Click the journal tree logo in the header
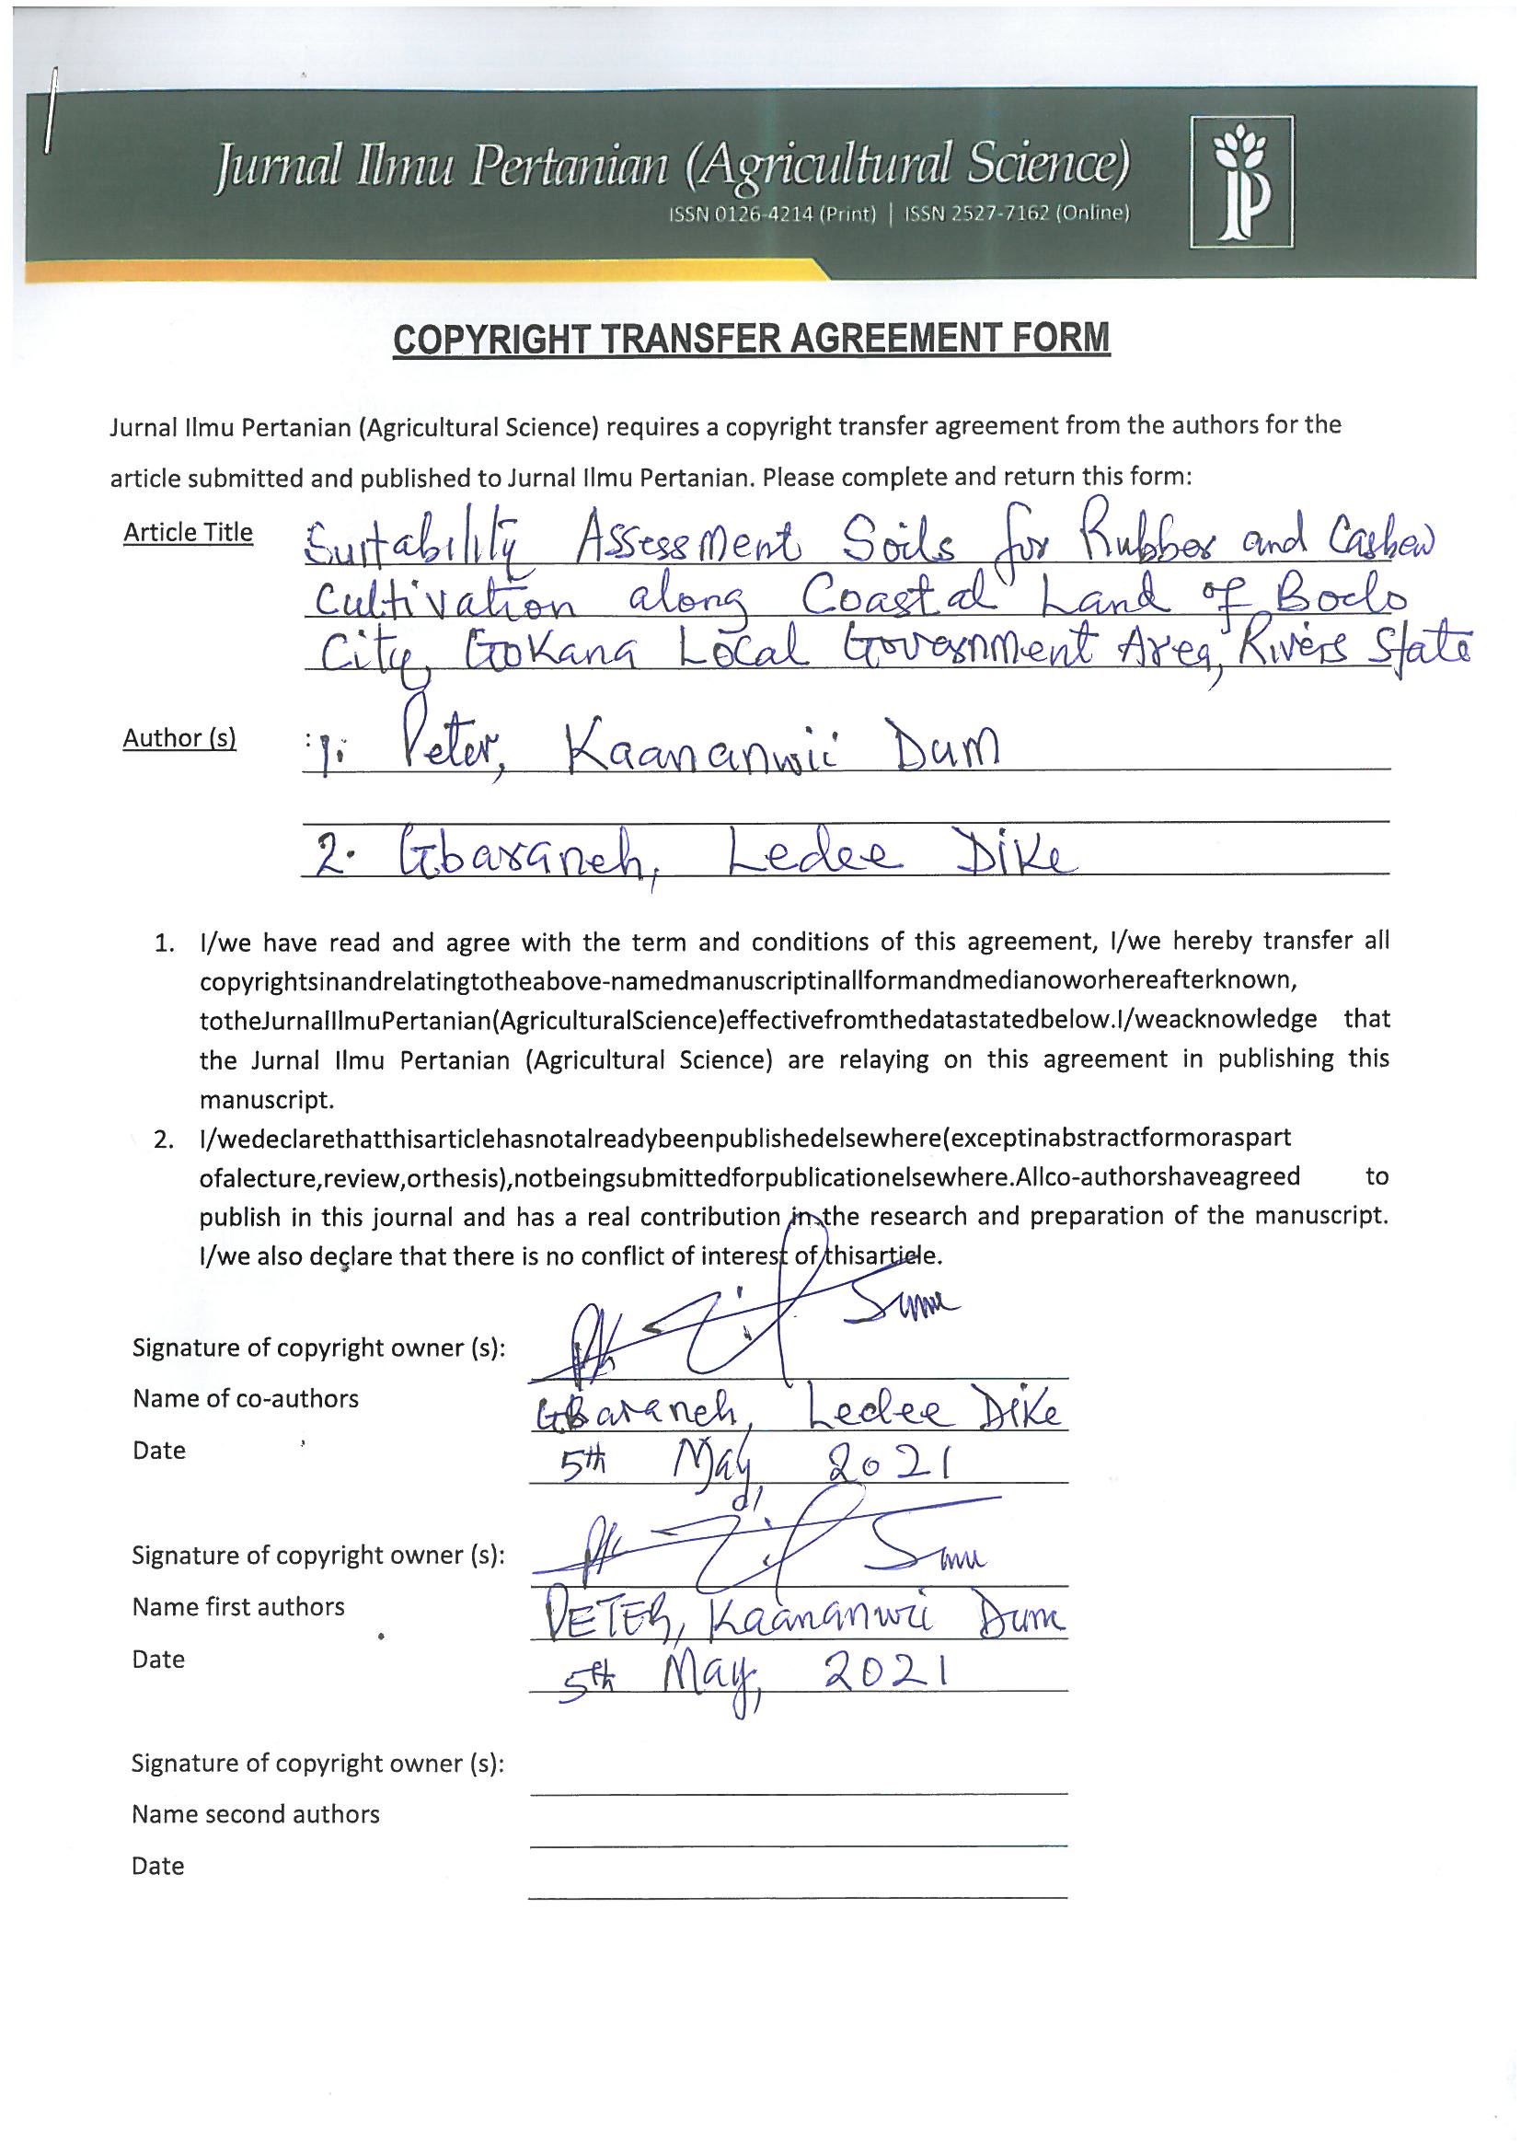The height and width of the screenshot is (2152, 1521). (x=1240, y=182)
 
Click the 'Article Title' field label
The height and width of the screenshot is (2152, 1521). (x=189, y=532)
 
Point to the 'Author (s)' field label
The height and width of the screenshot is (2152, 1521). (x=179, y=738)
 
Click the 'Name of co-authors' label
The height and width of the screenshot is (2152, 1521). (x=246, y=1398)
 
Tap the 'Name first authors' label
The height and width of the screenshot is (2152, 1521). (x=238, y=1606)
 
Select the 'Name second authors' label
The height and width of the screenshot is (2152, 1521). (x=255, y=1813)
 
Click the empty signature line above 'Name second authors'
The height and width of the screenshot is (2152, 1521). (x=798, y=1792)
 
